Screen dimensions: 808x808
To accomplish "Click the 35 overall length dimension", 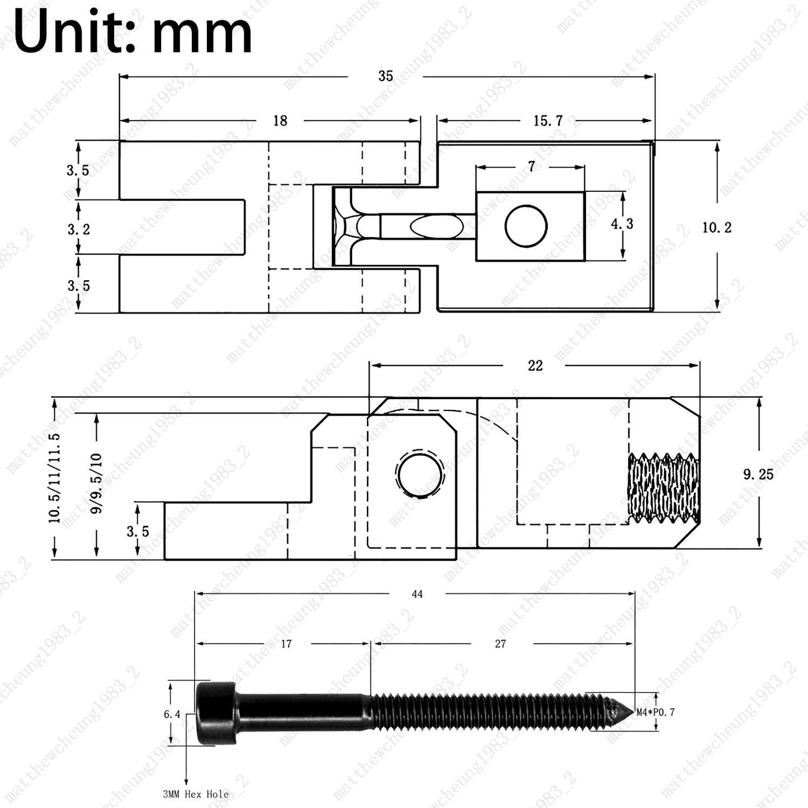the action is coord(385,76).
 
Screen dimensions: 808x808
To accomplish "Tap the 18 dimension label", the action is coord(280,121).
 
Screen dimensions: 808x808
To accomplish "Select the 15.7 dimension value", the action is coord(547,121).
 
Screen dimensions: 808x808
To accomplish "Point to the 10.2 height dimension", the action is coord(717,228).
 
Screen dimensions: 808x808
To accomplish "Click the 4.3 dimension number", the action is coord(622,224).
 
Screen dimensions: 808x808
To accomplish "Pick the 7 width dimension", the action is coord(531,167).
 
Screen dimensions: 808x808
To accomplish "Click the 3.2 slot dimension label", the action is coord(79,229).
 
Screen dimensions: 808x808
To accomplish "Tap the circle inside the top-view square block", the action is coord(526,225).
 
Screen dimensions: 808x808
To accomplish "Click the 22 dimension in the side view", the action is coord(535,366).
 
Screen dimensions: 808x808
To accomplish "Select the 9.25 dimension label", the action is coord(758,474).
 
